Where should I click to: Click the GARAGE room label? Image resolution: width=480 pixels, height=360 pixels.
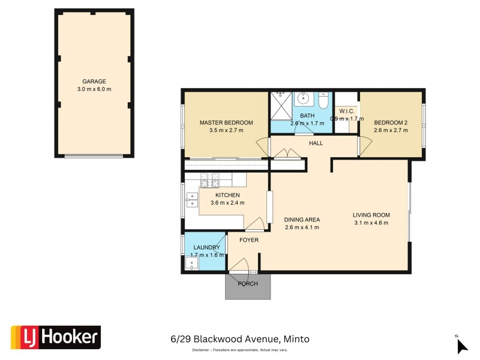tap(94, 81)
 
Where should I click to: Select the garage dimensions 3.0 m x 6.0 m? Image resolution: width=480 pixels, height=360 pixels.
tap(94, 89)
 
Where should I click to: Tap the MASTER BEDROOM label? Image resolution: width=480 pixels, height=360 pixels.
tap(226, 122)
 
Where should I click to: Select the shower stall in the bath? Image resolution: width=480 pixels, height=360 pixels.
tap(280, 106)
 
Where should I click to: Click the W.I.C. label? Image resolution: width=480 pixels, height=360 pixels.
tap(347, 110)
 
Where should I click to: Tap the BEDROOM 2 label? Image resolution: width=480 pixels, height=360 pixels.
tap(390, 122)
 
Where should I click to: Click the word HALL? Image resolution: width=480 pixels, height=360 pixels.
tap(316, 143)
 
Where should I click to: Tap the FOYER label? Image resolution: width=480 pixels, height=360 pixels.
tap(248, 240)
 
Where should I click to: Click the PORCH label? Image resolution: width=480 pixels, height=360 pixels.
tap(248, 283)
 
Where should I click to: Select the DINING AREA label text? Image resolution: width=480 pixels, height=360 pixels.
tap(301, 220)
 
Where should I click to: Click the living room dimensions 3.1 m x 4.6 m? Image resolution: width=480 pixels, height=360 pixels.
tap(371, 223)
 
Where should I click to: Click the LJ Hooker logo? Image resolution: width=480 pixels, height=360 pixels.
tap(55, 337)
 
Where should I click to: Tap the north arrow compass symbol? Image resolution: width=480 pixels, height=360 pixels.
tap(461, 345)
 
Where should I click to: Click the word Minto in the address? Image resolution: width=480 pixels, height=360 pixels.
tap(297, 339)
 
